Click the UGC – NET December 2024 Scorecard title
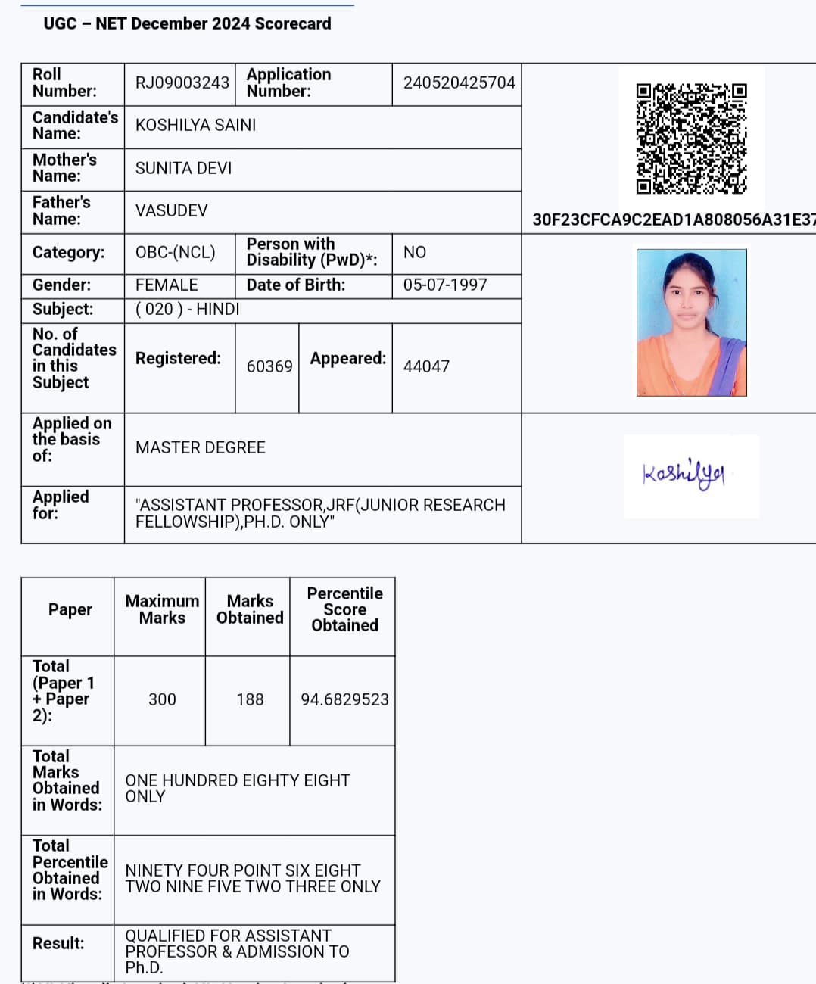[x=187, y=23]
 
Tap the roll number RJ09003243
[x=182, y=83]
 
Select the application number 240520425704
[x=459, y=83]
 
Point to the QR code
[x=691, y=139]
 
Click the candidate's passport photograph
[x=691, y=322]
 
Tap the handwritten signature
[x=684, y=475]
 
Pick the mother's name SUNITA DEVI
[x=183, y=168]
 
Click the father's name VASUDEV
[x=171, y=210]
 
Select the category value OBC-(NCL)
[x=175, y=252]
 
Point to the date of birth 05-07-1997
[x=445, y=285]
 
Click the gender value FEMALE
[x=167, y=285]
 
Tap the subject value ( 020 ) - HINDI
[x=187, y=309]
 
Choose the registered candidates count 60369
[x=269, y=366]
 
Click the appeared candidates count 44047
[x=426, y=366]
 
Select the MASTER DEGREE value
[x=201, y=447]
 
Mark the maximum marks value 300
[x=162, y=699]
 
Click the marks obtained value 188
[x=250, y=699]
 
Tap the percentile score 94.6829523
[x=344, y=699]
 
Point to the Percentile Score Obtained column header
[x=344, y=609]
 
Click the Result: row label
[x=58, y=943]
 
